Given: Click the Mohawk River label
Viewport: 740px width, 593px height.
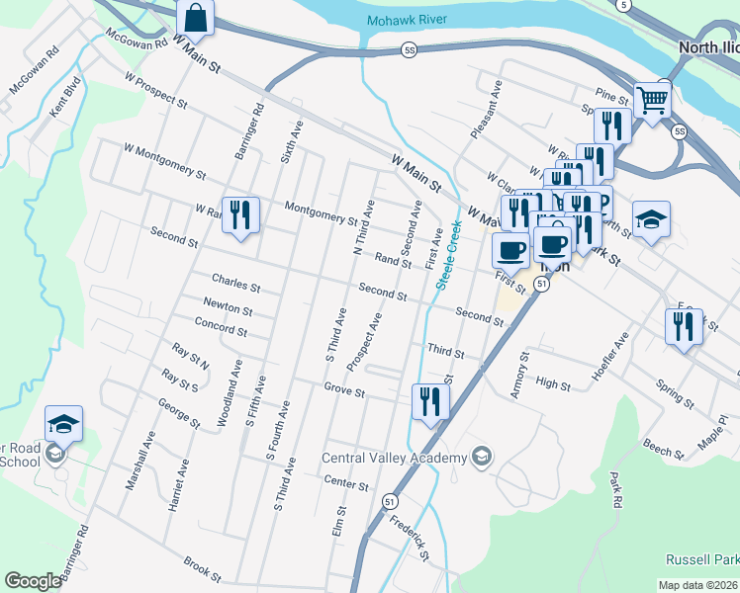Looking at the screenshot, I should pos(407,20).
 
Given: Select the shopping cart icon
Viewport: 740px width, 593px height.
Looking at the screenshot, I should pos(652,100).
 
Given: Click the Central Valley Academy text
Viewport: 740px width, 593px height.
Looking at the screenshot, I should pos(394,458).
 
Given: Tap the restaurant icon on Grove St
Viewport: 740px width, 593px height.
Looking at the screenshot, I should pos(430,401).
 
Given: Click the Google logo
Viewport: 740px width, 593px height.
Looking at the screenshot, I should pos(33,581).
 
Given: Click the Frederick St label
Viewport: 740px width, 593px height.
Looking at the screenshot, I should pos(409,534).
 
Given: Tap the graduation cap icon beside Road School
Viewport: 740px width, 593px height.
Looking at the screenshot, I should pos(64,423).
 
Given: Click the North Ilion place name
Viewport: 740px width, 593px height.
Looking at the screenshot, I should pos(707,46).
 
